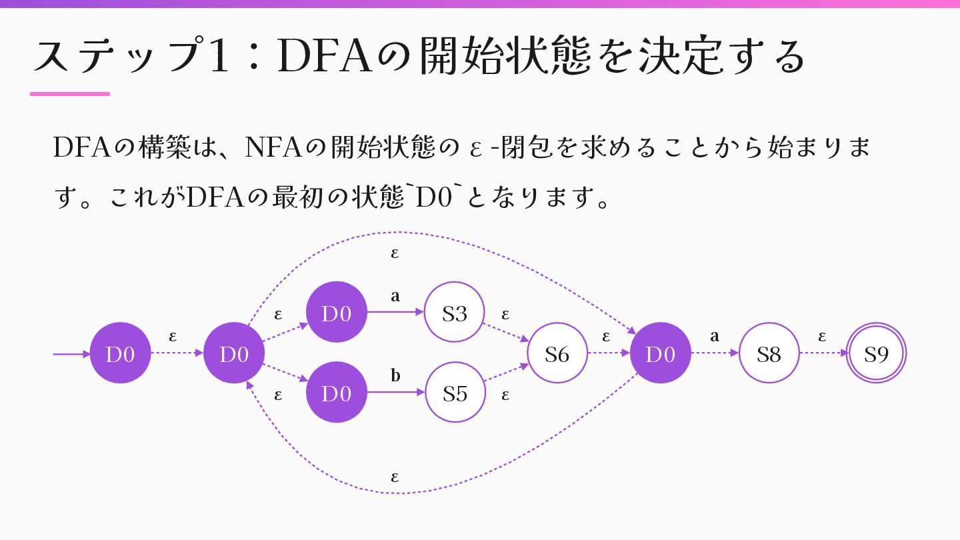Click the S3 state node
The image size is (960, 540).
click(x=454, y=313)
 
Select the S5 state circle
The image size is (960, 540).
click(x=455, y=393)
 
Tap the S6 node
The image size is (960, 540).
click(x=557, y=353)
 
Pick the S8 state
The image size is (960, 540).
click(x=769, y=353)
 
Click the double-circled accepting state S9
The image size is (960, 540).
click(x=877, y=353)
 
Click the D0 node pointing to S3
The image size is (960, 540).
click(x=336, y=313)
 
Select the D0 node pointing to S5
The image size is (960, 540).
click(x=336, y=393)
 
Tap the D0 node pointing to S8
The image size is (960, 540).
click(x=660, y=353)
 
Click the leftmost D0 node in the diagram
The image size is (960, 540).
click(x=120, y=353)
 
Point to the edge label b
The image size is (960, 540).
click(x=395, y=376)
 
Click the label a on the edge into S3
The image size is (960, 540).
click(x=395, y=296)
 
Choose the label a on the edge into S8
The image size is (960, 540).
click(x=715, y=336)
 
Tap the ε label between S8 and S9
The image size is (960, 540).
click(x=822, y=336)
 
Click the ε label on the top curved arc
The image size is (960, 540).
click(x=395, y=253)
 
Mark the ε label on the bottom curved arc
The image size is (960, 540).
click(x=395, y=477)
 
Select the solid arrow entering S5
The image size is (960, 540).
click(x=395, y=393)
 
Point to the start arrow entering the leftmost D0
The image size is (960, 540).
click(x=71, y=354)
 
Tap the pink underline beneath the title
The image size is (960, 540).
click(x=70, y=94)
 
